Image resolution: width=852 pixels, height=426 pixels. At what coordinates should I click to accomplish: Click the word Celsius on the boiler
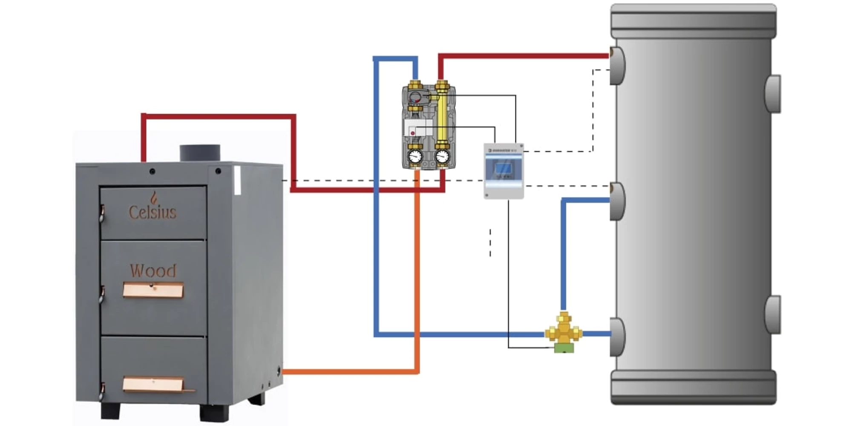153,212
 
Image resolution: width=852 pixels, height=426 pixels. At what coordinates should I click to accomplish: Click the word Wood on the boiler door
153,271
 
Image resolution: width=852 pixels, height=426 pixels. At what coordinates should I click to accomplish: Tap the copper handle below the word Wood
153,290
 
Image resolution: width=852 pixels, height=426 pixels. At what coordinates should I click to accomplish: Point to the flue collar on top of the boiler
200,153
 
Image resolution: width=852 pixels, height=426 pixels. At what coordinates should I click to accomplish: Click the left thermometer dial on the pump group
415,156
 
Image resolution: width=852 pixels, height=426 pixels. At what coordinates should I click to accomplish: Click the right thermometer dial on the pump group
443,156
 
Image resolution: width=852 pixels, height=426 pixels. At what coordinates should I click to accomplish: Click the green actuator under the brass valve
564,348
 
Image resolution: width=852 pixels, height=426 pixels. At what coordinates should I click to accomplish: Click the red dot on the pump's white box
412,133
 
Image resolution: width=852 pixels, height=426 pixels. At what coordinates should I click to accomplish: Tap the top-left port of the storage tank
617,66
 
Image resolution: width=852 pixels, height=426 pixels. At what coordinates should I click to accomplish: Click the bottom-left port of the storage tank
617,337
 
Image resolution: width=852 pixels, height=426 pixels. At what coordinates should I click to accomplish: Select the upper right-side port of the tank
773,94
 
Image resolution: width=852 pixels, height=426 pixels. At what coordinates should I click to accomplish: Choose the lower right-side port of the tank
773,314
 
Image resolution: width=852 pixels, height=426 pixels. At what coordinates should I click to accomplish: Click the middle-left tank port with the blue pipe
617,201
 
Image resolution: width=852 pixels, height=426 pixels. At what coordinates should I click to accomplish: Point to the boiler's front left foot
110,410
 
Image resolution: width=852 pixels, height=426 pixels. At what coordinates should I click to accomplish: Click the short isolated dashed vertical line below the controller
490,243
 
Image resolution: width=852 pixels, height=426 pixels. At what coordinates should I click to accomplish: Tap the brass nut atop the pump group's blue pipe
415,84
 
